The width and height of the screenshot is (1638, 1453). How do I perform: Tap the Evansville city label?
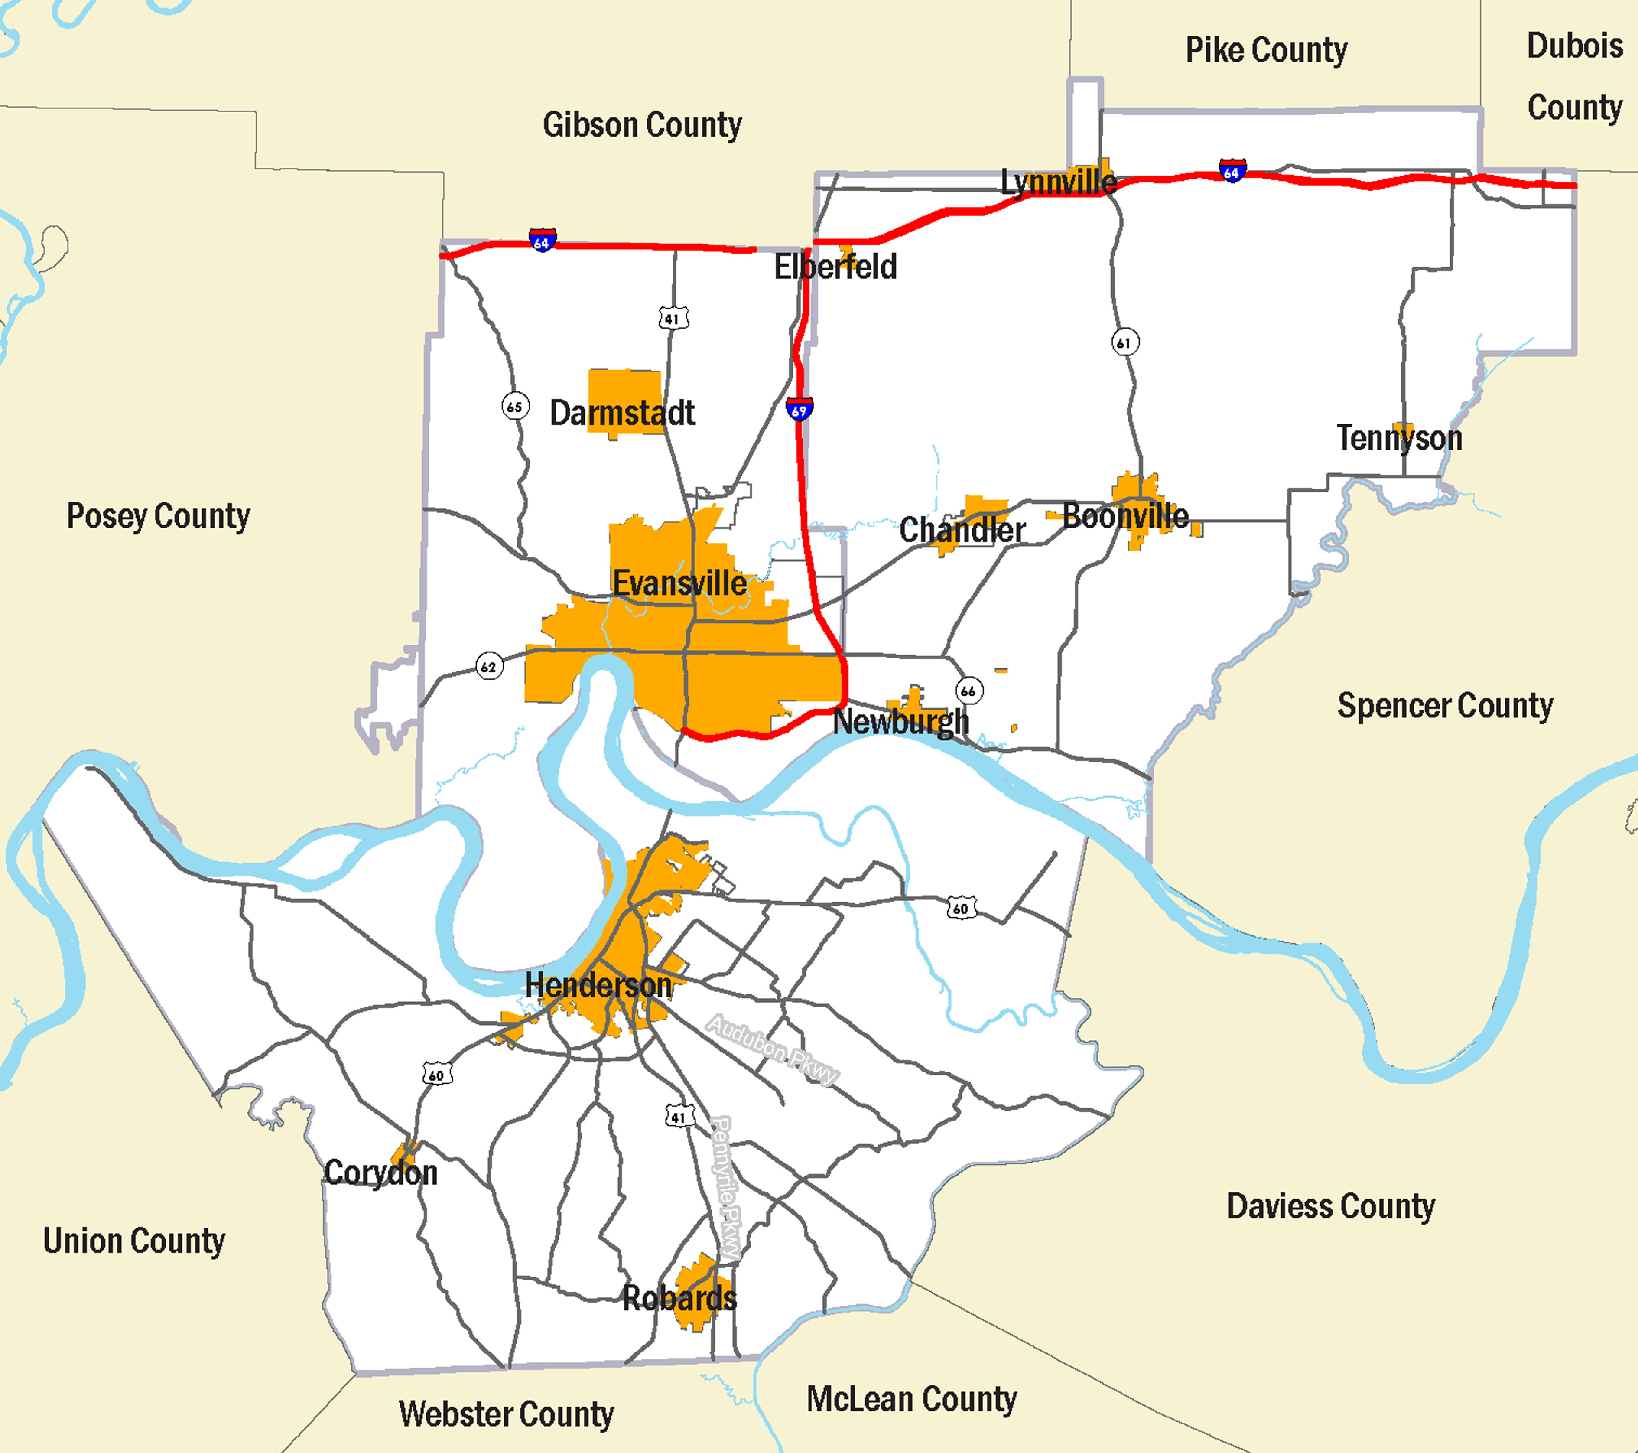(x=679, y=583)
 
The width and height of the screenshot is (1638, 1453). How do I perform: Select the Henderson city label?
(x=598, y=985)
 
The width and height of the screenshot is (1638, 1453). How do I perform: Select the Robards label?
(x=679, y=1297)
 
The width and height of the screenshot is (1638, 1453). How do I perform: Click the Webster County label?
(x=507, y=1414)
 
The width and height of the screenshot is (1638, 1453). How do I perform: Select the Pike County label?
(x=1266, y=50)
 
